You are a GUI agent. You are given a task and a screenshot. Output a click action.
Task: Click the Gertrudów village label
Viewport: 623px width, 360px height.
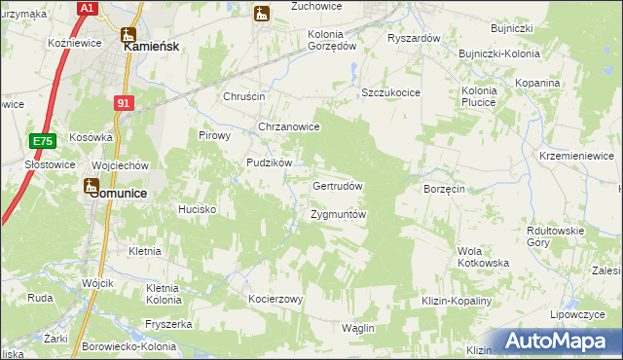[338, 185]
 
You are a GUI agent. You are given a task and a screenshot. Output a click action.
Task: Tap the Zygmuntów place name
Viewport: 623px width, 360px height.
[338, 214]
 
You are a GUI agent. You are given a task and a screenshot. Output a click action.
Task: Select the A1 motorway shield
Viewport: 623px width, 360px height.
[87, 8]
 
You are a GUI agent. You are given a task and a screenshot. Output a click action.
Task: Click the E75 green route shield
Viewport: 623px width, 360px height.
[41, 141]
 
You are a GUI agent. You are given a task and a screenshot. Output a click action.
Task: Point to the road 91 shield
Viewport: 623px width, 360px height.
[123, 102]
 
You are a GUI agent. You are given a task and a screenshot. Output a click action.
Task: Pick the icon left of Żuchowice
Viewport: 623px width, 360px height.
[260, 13]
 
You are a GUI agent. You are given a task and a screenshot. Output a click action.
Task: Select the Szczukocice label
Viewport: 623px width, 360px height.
[390, 92]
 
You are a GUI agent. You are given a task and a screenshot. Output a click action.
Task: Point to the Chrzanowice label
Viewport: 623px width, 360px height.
[289, 126]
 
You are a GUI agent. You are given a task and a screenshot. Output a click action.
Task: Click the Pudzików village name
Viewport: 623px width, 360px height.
[270, 163]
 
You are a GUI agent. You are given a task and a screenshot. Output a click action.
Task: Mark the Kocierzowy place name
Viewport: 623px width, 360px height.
[276, 299]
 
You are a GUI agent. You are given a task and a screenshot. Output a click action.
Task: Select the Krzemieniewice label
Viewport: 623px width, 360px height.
[578, 156]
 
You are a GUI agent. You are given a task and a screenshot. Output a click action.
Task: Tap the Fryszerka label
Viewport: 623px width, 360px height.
[164, 324]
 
